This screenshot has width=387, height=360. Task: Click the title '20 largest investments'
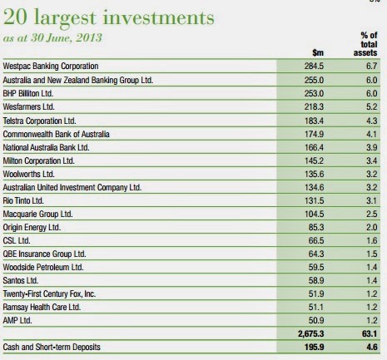click(109, 18)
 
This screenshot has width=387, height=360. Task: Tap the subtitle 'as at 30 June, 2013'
click(52, 38)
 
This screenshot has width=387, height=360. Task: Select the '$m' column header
click(318, 52)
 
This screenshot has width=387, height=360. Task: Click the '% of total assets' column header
click(365, 44)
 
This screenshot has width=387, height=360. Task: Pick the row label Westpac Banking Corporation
click(51, 67)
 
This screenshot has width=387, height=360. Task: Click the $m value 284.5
click(314, 67)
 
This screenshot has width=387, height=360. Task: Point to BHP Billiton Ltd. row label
click(28, 93)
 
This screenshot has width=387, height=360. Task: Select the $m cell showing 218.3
click(314, 106)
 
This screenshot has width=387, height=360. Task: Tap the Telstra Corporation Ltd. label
click(39, 121)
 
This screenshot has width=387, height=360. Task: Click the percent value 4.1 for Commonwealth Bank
click(372, 134)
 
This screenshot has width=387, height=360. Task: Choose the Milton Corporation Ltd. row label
click(39, 160)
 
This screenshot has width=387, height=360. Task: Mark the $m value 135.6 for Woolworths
click(315, 174)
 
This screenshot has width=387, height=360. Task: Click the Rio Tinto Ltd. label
click(23, 200)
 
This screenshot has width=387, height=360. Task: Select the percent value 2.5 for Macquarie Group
click(372, 214)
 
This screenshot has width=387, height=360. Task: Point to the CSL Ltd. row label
click(17, 240)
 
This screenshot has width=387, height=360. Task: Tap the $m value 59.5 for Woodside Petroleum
click(316, 267)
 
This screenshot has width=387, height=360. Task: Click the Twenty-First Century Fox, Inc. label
click(49, 293)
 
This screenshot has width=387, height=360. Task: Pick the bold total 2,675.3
click(311, 333)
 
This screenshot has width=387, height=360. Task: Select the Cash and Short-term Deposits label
click(52, 347)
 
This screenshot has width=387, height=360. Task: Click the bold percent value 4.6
click(372, 347)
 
